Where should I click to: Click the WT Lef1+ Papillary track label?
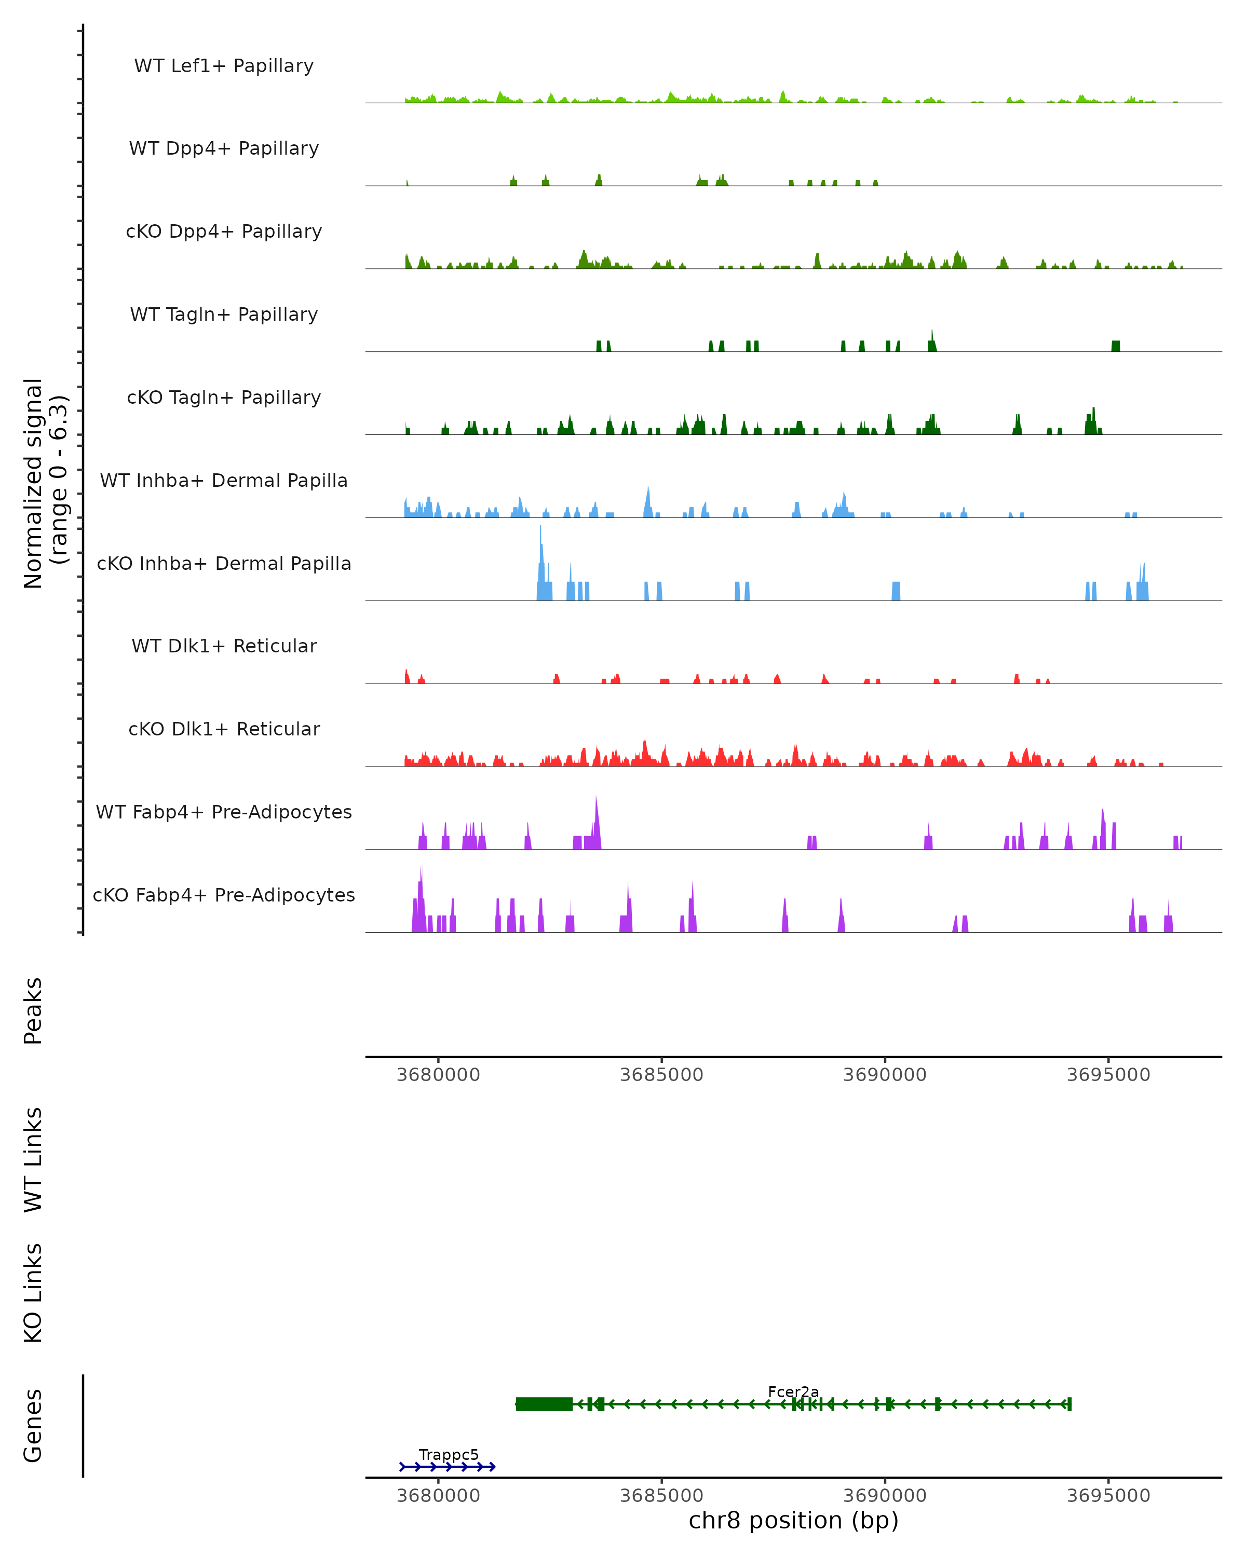tap(224, 66)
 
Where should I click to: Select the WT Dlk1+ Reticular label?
tap(224, 646)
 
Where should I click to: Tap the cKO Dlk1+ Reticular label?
tap(224, 729)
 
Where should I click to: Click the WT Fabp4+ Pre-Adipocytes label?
tap(224, 812)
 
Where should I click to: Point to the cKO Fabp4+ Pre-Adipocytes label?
tap(224, 895)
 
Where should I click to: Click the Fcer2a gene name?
tap(793, 1391)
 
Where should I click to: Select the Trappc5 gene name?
tap(449, 1454)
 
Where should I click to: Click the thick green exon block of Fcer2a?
tap(545, 1404)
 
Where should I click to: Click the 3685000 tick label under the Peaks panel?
tap(661, 1075)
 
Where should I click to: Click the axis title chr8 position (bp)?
tap(793, 1521)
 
